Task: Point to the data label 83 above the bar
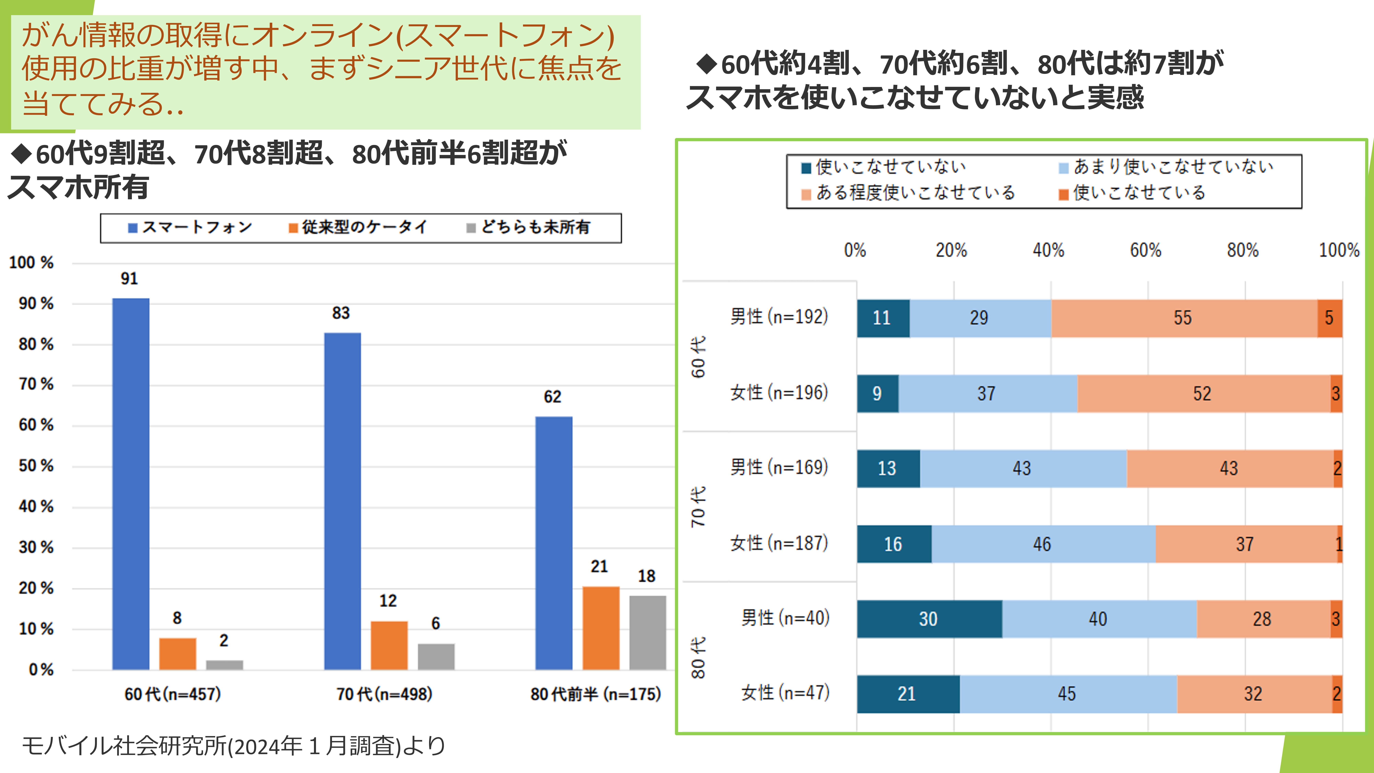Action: [341, 313]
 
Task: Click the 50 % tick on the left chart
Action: [36, 466]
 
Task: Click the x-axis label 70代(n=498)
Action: [384, 694]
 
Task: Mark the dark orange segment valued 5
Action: [1329, 318]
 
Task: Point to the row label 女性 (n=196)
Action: [779, 393]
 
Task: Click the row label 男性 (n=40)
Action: [785, 618]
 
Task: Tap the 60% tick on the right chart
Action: [1145, 250]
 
